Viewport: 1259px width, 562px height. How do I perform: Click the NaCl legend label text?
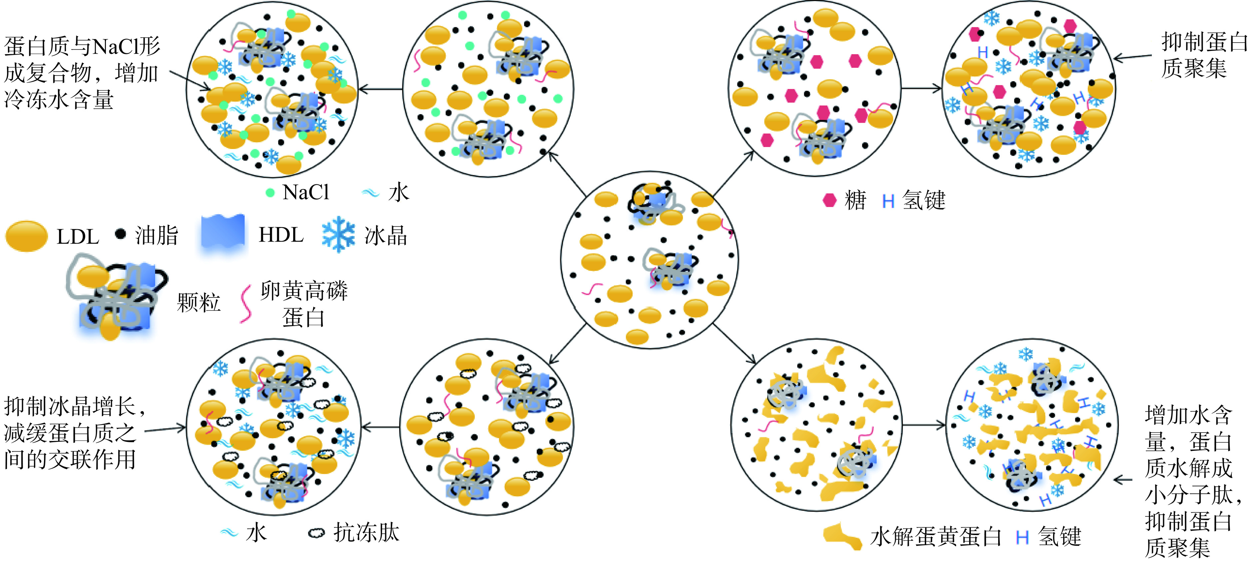[306, 192]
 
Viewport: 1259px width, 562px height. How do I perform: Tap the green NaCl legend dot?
[270, 193]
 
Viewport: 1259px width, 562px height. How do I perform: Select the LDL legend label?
[78, 237]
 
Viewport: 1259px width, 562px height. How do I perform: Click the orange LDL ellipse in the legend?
[26, 236]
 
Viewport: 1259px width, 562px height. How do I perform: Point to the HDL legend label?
[281, 235]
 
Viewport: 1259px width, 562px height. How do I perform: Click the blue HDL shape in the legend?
[223, 233]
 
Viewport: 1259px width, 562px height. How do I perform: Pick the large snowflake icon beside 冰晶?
[338, 235]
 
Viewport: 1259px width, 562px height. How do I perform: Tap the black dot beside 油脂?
[120, 234]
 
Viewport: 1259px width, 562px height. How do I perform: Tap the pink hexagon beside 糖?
[830, 200]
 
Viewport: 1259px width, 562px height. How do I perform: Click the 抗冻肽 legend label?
[366, 532]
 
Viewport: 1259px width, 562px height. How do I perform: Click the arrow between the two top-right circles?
[921, 89]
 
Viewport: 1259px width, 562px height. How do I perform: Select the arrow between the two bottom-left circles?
[380, 428]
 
